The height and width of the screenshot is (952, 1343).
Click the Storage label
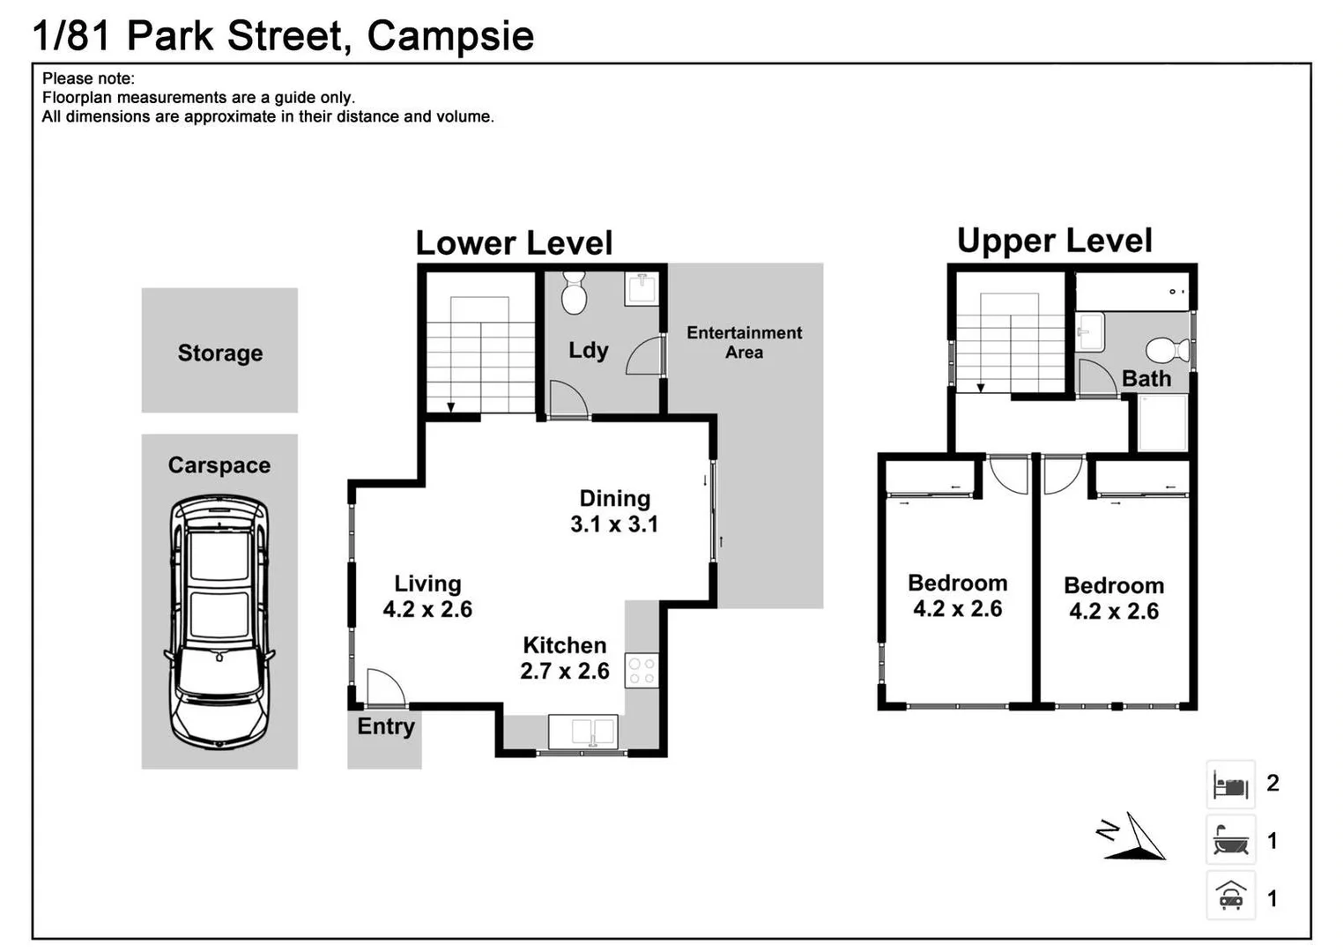[x=220, y=353]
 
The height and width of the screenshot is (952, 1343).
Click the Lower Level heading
[x=514, y=243]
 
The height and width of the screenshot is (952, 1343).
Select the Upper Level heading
[x=1054, y=241]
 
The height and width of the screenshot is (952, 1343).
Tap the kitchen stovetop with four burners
[x=642, y=670]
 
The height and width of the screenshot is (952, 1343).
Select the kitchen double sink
[x=582, y=733]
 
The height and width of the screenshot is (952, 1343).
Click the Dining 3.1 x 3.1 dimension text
[x=614, y=524]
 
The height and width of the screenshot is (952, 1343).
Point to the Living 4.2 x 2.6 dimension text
[x=427, y=609]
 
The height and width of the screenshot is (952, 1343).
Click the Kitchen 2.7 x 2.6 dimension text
[x=564, y=671]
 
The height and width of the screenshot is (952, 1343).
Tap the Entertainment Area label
[x=744, y=342]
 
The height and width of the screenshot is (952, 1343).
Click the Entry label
[x=385, y=726]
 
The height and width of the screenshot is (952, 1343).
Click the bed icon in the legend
[x=1230, y=785]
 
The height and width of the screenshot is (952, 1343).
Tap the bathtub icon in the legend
[x=1230, y=841]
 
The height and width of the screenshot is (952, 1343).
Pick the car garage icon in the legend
[x=1230, y=896]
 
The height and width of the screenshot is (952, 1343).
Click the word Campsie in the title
[x=450, y=36]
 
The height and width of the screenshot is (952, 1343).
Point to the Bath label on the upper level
[x=1146, y=378]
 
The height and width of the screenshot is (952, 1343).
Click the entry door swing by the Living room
[x=384, y=688]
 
